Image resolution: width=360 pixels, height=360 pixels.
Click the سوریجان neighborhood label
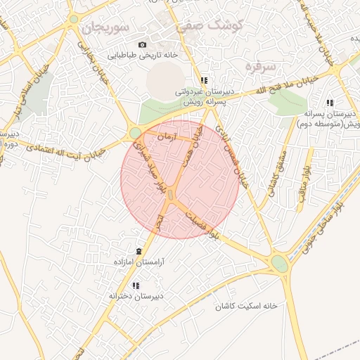click(x=104, y=28)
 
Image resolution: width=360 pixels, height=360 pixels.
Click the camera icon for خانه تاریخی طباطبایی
click(x=143, y=44)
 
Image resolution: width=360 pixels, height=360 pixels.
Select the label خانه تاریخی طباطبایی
click(x=142, y=54)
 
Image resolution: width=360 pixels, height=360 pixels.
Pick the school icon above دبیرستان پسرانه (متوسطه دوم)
click(x=330, y=103)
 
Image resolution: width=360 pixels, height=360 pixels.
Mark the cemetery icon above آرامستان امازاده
click(x=139, y=251)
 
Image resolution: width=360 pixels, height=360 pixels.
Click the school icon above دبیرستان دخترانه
click(x=136, y=285)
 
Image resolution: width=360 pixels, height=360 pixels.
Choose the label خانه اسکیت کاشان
click(x=247, y=306)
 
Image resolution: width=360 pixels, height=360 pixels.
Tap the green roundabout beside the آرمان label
click(x=135, y=132)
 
